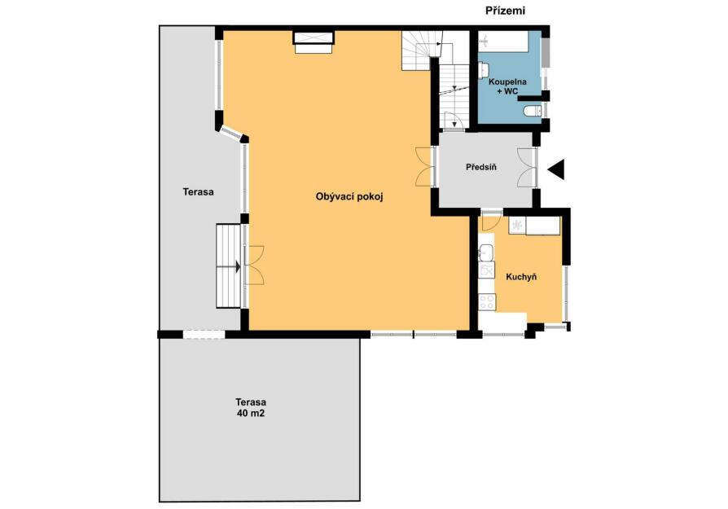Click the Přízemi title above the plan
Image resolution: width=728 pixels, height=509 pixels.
pos(505,11)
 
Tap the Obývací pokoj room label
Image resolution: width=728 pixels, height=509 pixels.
pos(349,197)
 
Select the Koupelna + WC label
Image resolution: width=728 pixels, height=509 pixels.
pos(507,86)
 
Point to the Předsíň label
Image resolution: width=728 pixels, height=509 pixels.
pos(481,167)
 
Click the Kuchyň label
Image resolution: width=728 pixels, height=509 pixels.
pos(521,277)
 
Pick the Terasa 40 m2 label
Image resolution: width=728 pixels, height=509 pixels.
pos(251,407)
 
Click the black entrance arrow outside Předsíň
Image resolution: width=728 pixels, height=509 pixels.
pos(556,169)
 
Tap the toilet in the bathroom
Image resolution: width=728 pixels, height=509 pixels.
pos(532,111)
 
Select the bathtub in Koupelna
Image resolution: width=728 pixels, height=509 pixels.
pos(504,42)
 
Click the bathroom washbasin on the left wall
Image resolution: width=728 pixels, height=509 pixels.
pos(484,71)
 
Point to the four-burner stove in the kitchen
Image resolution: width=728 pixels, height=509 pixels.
pos(487,302)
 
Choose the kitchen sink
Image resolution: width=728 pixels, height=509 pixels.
pos(487,253)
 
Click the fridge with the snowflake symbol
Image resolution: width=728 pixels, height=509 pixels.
pos(516,226)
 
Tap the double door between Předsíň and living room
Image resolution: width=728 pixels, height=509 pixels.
pos(425,167)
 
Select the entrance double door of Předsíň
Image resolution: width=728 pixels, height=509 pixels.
pos(528,167)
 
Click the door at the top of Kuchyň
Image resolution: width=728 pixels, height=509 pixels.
pos(491,220)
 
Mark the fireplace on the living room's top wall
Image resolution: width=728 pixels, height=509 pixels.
pos(314,42)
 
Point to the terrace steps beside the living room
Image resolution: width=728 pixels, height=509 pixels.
pos(229,266)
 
